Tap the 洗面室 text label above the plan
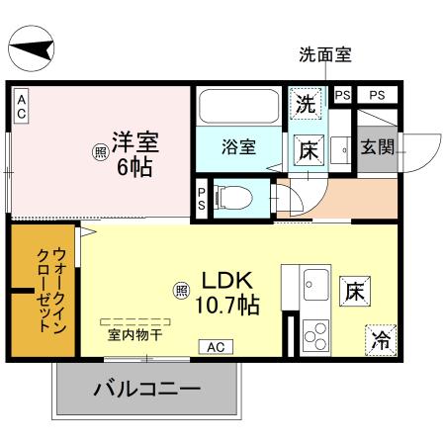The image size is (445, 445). click(x=325, y=55)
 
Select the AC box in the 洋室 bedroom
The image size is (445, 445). click(x=21, y=106)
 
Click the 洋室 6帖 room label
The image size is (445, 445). click(x=134, y=153)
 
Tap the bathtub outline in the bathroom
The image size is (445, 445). click(x=238, y=108)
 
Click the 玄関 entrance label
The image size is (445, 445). click(x=377, y=148)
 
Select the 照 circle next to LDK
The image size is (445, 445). click(x=181, y=290)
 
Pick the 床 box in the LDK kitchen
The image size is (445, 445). click(x=356, y=291)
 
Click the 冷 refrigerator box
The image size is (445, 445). click(x=380, y=339)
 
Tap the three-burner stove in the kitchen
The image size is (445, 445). click(x=318, y=336)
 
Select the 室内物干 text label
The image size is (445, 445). click(x=135, y=335)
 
